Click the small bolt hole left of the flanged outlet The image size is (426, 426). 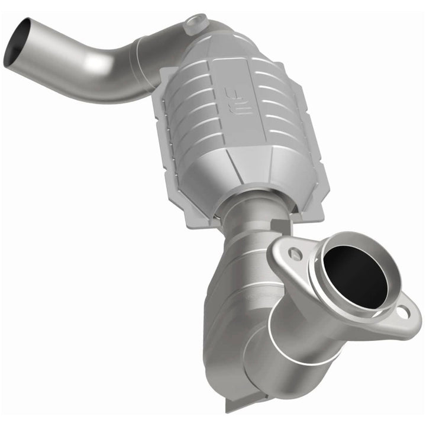click(296, 254)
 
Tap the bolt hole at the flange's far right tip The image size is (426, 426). click(404, 312)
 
